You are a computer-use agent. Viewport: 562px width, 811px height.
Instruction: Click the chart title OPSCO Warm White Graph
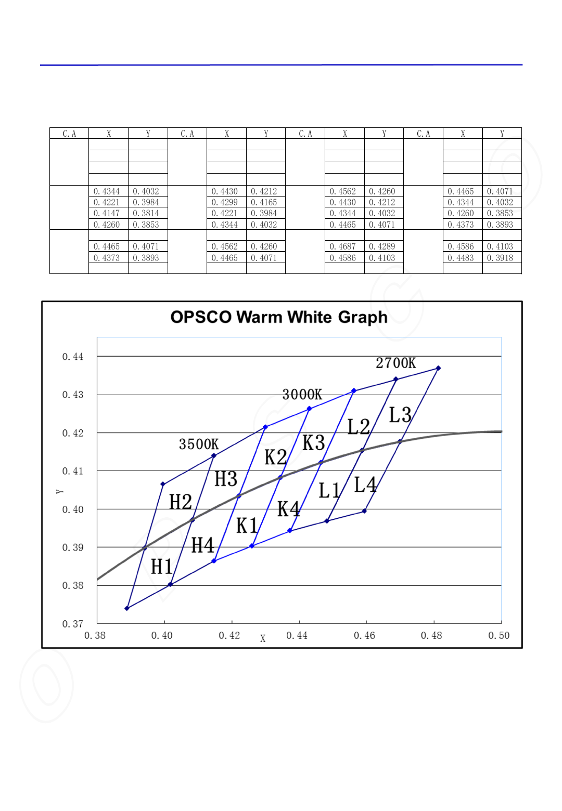click(279, 317)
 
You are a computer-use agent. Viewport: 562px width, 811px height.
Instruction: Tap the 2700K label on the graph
click(396, 363)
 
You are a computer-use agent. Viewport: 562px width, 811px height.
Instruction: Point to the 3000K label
click(302, 395)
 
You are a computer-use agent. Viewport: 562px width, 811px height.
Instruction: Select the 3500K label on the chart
click(199, 444)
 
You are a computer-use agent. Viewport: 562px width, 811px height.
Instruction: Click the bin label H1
click(162, 567)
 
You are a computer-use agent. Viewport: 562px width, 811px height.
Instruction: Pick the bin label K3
click(314, 443)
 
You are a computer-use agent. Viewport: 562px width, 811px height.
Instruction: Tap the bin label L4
click(365, 485)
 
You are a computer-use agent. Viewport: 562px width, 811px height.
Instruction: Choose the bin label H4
click(202, 546)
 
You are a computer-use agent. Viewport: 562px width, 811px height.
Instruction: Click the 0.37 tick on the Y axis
click(73, 624)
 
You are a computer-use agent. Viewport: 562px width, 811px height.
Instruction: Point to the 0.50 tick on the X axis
click(499, 636)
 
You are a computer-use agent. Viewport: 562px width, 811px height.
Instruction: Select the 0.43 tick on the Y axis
click(73, 395)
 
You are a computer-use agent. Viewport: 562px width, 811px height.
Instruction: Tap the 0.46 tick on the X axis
click(364, 636)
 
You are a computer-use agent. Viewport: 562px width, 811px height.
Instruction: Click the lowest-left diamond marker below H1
click(127, 608)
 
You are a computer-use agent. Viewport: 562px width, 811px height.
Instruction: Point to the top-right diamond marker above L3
click(438, 368)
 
